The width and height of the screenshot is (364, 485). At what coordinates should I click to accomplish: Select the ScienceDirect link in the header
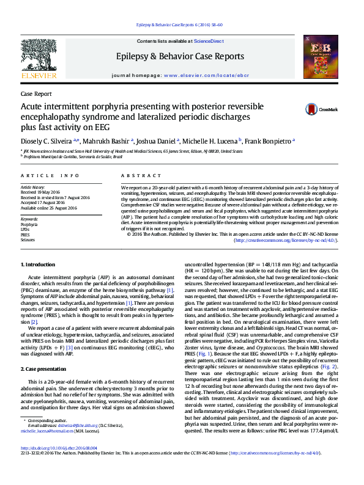[x=209, y=41]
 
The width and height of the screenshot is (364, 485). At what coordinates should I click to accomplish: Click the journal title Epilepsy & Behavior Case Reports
[x=179, y=56]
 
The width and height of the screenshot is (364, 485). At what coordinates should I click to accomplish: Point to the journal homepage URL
[x=197, y=75]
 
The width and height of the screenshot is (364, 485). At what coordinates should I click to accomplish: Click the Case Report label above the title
[x=36, y=94]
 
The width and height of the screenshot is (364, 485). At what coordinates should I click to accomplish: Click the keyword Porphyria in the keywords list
[x=29, y=225]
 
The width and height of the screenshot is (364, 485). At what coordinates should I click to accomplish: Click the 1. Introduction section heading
[x=38, y=264]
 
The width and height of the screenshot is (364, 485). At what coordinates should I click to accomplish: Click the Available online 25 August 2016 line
[x=48, y=208]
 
